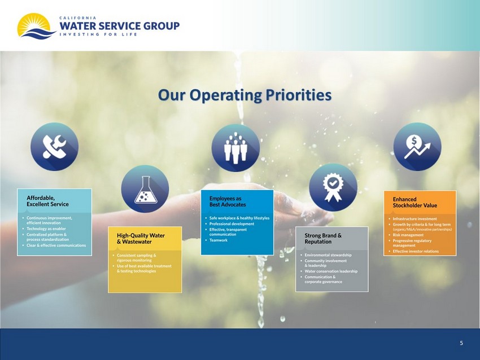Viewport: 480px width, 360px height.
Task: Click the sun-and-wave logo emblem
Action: point(37,27)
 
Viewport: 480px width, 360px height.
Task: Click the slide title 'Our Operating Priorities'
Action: point(245,95)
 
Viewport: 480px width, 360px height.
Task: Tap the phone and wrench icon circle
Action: point(54,147)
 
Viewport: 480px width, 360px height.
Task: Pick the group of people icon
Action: point(235,148)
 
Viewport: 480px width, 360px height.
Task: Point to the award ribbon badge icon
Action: point(333,187)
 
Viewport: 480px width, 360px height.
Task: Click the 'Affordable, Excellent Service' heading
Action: point(47,201)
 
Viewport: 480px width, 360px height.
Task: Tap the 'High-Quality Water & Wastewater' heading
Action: point(141,239)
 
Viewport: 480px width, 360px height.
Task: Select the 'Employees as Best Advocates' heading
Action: point(228,201)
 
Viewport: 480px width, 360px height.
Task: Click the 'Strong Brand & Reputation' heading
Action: point(323,239)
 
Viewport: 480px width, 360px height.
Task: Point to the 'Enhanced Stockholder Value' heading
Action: point(415,202)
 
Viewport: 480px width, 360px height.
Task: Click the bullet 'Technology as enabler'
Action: point(46,229)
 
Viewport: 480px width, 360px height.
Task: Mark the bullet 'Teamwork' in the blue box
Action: point(219,240)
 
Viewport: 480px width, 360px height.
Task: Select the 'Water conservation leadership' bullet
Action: point(331,271)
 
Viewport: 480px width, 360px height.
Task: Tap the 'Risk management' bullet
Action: point(408,235)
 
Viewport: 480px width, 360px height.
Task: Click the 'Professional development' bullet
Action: point(232,224)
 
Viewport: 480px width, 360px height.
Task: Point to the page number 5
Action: point(461,343)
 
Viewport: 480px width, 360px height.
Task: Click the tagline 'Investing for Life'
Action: point(98,34)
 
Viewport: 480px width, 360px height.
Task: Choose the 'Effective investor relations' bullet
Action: point(416,251)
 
